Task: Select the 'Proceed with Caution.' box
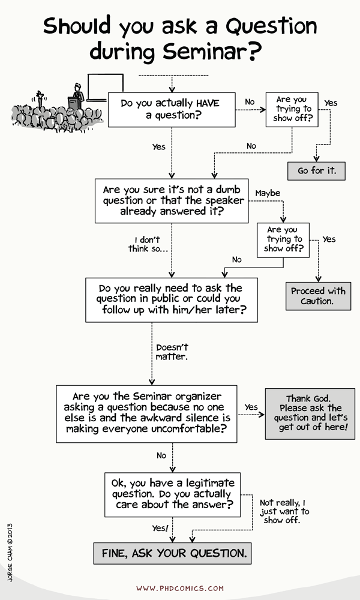tap(318, 296)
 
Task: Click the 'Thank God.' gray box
tap(310, 413)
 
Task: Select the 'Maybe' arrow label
tap(268, 193)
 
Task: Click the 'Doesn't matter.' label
tap(172, 352)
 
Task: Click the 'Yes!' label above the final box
tap(160, 528)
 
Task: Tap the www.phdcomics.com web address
tap(179, 589)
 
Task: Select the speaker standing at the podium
tap(76, 96)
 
